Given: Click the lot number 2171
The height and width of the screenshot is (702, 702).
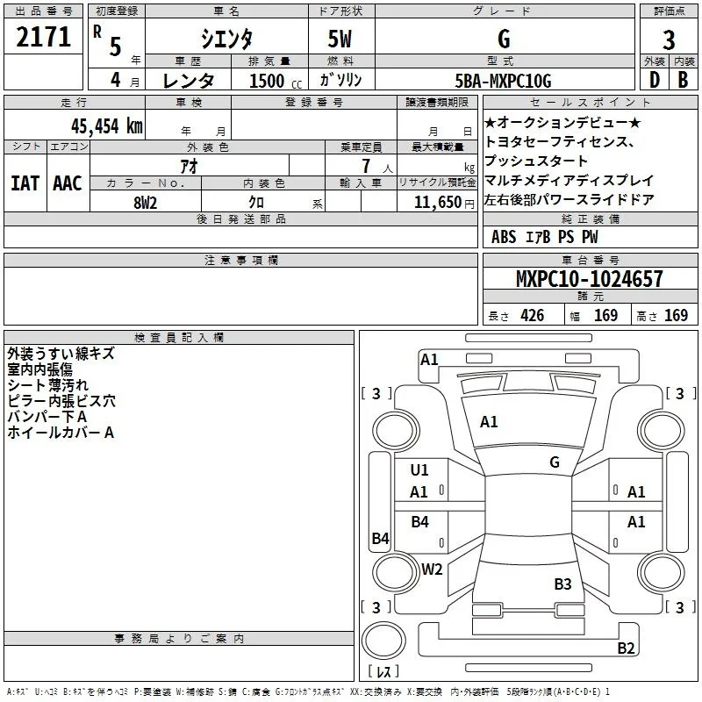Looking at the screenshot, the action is coord(43,37).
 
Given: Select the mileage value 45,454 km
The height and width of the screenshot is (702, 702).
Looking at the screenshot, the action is coord(106,126).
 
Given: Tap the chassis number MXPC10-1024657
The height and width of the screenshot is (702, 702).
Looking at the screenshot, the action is coord(589,278).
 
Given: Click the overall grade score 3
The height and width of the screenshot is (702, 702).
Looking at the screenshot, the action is coord(669,39).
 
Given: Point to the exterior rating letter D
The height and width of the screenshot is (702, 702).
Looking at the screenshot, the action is coord(655,80).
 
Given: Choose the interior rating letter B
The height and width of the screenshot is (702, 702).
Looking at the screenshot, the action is coord(683,80).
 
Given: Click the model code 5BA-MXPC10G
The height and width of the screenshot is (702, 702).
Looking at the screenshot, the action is coord(503,81).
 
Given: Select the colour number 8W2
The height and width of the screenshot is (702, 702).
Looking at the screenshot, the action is coord(145,203).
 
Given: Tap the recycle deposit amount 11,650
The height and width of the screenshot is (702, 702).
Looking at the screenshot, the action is coord(437,203).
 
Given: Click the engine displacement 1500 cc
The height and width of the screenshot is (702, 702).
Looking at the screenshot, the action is coord(276,81).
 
